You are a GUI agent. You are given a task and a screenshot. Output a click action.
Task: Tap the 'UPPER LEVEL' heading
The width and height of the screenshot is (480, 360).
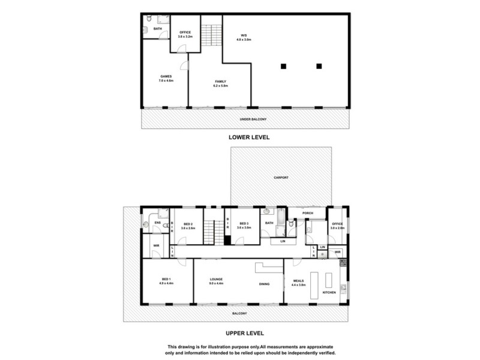point(245,333)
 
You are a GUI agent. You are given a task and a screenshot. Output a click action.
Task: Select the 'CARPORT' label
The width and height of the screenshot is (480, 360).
point(281,178)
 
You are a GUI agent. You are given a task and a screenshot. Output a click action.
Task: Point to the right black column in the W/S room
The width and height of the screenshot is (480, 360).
point(319,65)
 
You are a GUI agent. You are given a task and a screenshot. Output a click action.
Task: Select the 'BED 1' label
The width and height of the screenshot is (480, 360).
point(167,280)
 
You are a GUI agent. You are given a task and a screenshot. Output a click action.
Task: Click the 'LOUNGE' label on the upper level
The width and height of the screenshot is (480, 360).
point(217,280)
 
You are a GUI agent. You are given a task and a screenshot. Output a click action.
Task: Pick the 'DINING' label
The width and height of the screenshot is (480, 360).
point(265,284)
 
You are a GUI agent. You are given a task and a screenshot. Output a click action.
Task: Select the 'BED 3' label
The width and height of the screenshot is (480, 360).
point(243,225)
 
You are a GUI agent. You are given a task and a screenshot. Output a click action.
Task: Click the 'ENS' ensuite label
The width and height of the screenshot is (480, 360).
point(157,223)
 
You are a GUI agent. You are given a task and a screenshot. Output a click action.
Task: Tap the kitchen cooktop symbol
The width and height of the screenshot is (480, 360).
point(344,263)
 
